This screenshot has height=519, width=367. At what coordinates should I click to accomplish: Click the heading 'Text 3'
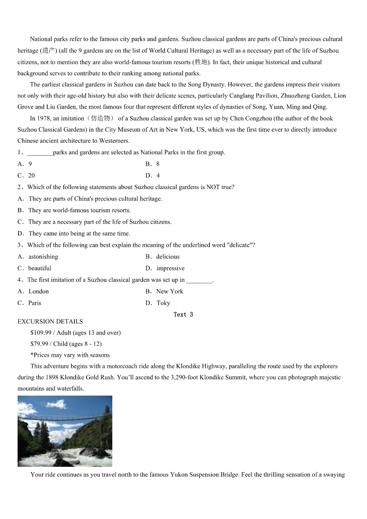click(x=183, y=314)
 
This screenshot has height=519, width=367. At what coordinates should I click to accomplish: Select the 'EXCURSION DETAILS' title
click(x=50, y=321)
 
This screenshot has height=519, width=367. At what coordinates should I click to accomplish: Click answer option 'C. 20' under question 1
click(x=26, y=175)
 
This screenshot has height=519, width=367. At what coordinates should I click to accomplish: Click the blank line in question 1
click(x=40, y=153)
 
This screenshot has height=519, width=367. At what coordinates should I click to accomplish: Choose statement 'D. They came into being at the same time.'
click(x=74, y=233)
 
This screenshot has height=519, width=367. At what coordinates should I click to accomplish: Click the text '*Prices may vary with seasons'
click(x=70, y=355)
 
